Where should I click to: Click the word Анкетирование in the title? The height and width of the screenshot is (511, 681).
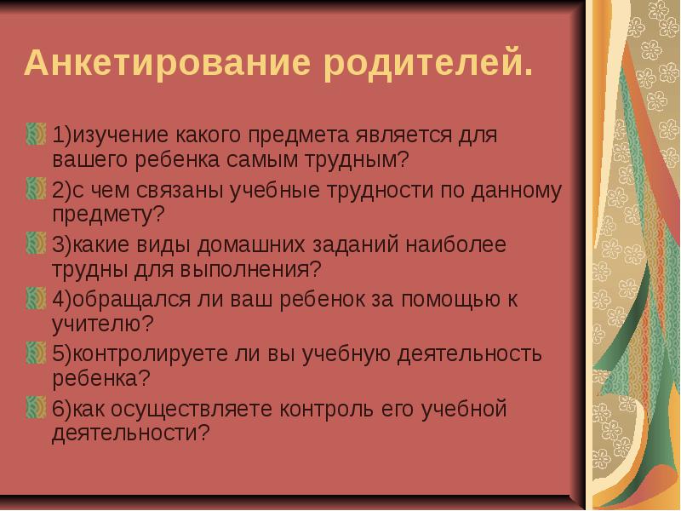click(x=168, y=63)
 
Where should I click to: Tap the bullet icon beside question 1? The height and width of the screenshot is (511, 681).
click(x=36, y=134)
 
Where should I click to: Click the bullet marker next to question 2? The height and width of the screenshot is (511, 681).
click(x=36, y=189)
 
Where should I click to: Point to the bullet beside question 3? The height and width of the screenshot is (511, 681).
click(x=36, y=244)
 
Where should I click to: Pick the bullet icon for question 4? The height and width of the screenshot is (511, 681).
click(x=36, y=299)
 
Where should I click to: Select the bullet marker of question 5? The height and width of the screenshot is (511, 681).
click(x=36, y=353)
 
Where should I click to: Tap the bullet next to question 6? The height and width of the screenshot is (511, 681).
click(x=36, y=408)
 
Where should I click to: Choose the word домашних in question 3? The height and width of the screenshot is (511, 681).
click(x=251, y=245)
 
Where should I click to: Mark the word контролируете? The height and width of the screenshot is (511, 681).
click(x=151, y=355)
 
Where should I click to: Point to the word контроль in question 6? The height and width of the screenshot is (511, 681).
click(x=326, y=410)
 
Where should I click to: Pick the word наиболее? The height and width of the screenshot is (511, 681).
click(x=456, y=245)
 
